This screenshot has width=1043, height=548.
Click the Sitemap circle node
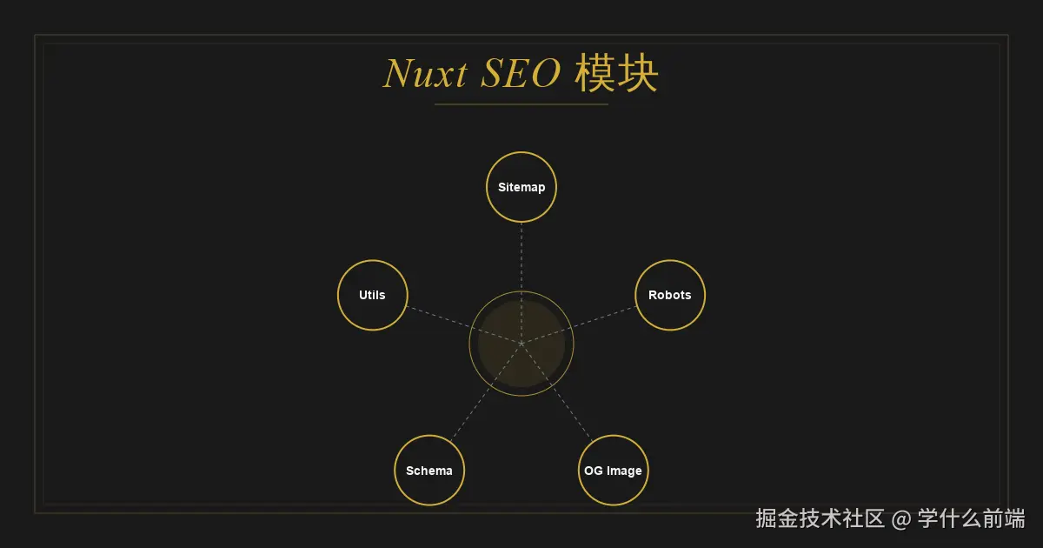521,187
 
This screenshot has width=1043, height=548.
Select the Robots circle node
669,295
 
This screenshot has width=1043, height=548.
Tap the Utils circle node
372,295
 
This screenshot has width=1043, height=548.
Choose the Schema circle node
429,471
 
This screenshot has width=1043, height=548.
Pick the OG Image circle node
613,471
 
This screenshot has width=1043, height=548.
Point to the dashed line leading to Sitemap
521,257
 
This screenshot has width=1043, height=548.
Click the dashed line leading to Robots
591,320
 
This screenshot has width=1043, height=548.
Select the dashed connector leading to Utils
452,321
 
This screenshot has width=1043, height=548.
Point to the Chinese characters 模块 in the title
616,75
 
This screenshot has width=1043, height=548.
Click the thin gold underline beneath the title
521,104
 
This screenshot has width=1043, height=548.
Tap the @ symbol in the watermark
902,519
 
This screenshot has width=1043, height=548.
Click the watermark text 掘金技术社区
820,519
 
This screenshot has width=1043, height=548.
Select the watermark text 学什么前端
972,519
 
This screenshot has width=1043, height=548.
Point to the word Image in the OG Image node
624,471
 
